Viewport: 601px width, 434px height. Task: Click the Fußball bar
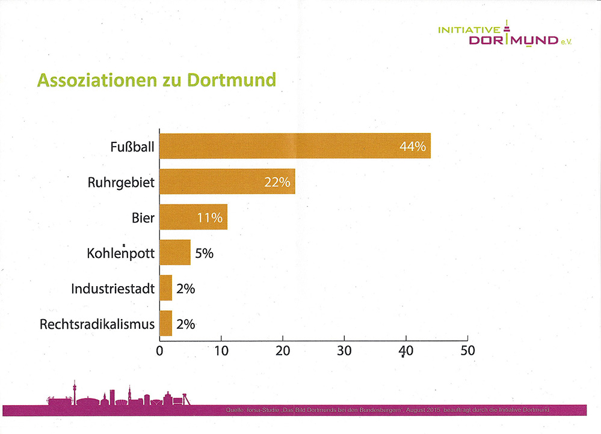tap(295, 145)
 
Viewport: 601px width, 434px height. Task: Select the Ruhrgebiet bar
tap(227, 182)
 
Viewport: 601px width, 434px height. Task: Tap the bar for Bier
tap(193, 217)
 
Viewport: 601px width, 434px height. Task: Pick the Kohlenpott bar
tap(175, 252)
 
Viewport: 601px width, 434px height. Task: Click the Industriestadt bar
tap(166, 289)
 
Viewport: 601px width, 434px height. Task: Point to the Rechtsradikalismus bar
tap(166, 324)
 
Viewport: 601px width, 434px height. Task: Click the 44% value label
tap(413, 146)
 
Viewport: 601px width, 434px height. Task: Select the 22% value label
tap(277, 182)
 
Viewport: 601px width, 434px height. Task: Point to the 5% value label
tap(204, 253)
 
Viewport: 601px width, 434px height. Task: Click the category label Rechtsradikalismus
tap(97, 325)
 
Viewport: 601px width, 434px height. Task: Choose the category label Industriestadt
tap(112, 289)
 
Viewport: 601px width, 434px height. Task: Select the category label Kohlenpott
tap(121, 253)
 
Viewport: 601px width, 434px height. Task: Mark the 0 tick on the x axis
tap(159, 350)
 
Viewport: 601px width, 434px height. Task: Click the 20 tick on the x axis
tap(283, 350)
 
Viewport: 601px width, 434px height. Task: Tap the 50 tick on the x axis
tap(467, 350)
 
